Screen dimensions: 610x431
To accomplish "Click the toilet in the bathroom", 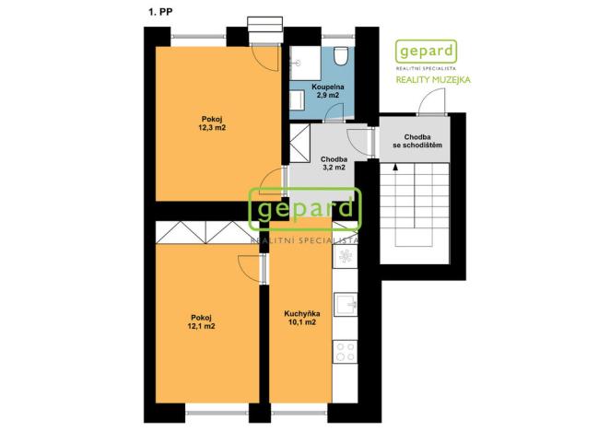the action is [x=340, y=56].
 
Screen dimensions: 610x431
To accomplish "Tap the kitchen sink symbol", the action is [x=345, y=304].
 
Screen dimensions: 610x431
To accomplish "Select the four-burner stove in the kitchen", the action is [x=345, y=352].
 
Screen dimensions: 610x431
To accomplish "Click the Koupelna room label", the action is [x=327, y=87].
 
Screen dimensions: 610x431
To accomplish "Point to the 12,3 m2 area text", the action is [x=212, y=128].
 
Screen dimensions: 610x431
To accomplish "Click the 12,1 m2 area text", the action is [x=201, y=326].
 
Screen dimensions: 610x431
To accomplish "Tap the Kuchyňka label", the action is [x=302, y=313].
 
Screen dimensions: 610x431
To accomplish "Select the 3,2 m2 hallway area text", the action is [x=334, y=168].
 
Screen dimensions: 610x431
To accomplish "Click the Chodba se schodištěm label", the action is [x=417, y=141].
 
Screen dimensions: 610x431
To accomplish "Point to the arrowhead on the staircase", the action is [x=395, y=168].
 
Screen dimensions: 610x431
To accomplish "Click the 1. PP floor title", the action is [x=160, y=12].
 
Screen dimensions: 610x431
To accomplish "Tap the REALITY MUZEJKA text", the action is [x=433, y=80].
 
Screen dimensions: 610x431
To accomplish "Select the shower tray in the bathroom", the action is [x=305, y=63].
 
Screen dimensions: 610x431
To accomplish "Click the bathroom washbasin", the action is [x=297, y=99].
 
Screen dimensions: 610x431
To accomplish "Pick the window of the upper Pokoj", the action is [x=198, y=37].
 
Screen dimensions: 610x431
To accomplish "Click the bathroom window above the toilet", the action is [x=339, y=37].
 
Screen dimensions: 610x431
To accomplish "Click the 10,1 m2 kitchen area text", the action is [x=302, y=322].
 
